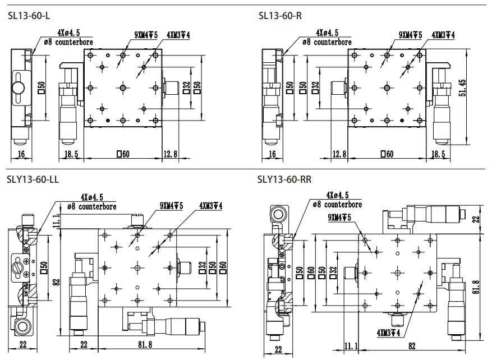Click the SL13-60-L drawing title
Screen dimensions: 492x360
click(x=29, y=15)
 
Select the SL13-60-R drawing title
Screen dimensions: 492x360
click(x=280, y=15)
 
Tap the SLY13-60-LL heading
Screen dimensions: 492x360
click(x=33, y=179)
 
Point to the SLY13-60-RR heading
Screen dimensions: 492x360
click(x=284, y=179)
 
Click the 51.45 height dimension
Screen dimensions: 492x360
click(x=462, y=87)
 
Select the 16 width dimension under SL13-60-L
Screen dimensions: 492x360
click(x=21, y=154)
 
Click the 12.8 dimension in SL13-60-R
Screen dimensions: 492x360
click(x=339, y=154)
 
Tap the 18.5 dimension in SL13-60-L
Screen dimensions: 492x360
click(x=71, y=154)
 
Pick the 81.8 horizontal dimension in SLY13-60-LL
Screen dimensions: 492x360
click(x=145, y=344)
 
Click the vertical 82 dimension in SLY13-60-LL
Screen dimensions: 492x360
click(x=57, y=282)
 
